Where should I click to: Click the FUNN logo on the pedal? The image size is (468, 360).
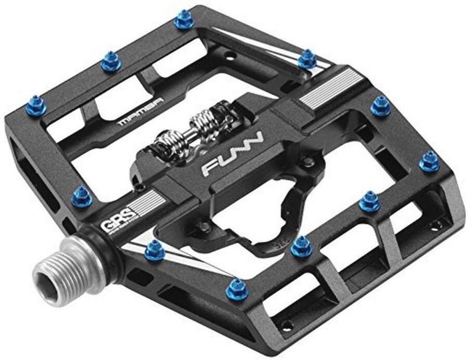pos(232,154)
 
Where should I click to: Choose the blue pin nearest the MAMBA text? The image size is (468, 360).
pos(110,61)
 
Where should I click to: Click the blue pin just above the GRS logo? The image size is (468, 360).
pos(82,195)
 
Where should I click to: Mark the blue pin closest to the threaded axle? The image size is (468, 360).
pos(154,251)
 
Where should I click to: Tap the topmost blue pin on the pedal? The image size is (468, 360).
pos(184,20)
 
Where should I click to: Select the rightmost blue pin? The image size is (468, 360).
pos(429,161)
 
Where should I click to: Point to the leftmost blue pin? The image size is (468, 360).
pos(35,106)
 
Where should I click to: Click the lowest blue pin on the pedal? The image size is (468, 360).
pos(237,288)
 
